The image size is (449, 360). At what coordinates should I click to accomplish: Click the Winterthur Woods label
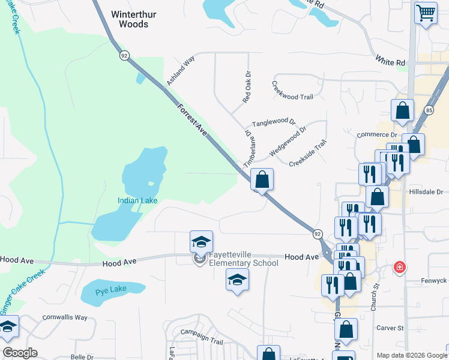(x=130, y=19)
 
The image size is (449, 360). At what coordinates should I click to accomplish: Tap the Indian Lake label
(x=137, y=200)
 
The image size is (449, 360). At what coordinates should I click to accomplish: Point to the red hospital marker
(x=399, y=267)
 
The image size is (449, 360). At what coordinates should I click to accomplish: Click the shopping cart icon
(x=426, y=12)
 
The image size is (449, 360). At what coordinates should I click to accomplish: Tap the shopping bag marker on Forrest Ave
(x=262, y=179)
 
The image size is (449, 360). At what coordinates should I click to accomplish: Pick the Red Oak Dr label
(x=246, y=88)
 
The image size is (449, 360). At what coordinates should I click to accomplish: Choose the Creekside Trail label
(x=307, y=154)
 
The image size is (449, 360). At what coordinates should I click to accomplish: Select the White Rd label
(x=391, y=61)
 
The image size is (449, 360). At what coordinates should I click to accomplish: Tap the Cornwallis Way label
(x=65, y=317)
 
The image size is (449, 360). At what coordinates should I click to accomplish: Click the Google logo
(x=20, y=353)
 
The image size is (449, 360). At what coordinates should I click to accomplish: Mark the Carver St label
(x=391, y=328)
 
